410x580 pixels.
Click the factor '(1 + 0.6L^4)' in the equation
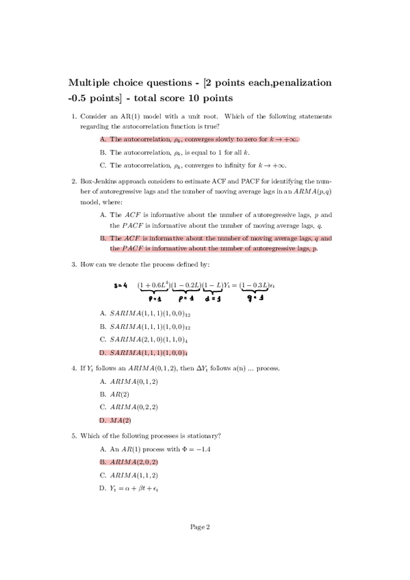[x=153, y=285]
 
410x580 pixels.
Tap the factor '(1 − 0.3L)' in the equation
[x=257, y=285]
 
